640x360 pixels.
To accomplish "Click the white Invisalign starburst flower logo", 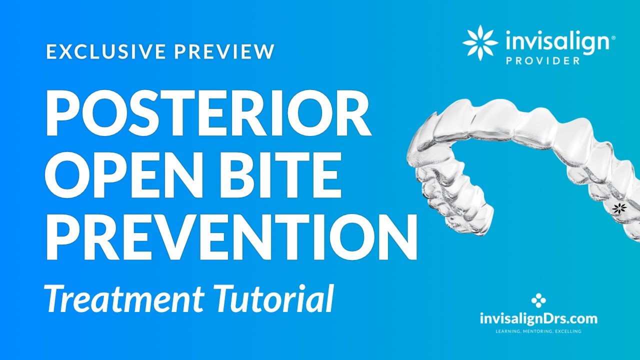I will [480, 43].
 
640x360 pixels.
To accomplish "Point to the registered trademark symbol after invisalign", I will [613, 38].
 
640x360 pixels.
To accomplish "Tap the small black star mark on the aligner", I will [619, 208].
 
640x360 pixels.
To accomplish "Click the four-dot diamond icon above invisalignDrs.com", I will [538, 300].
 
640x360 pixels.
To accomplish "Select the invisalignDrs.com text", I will [538, 318].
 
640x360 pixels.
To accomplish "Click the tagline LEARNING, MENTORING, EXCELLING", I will [538, 331].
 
